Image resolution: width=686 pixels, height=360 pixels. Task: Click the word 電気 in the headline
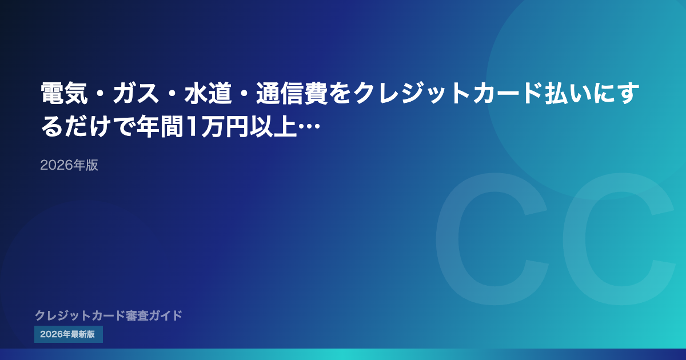click(x=64, y=93)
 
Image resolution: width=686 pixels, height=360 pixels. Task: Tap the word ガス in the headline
click(x=136, y=93)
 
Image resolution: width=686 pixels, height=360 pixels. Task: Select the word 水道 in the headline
click(x=208, y=93)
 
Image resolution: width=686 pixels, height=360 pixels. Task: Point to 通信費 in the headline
click(x=292, y=93)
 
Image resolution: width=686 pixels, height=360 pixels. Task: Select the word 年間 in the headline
click(x=160, y=126)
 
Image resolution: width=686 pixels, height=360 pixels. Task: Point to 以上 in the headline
click(x=273, y=126)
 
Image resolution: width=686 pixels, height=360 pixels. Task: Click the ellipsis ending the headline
click(x=309, y=126)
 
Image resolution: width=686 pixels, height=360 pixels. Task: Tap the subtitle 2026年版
click(x=69, y=165)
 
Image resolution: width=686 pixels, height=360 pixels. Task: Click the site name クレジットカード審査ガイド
click(x=109, y=315)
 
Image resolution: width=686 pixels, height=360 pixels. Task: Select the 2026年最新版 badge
click(x=68, y=334)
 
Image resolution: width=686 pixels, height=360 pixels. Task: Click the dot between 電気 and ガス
click(x=101, y=94)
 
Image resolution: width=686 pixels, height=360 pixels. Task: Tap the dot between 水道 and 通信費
click(x=244, y=94)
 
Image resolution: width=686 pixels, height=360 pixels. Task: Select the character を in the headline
click(x=340, y=93)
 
